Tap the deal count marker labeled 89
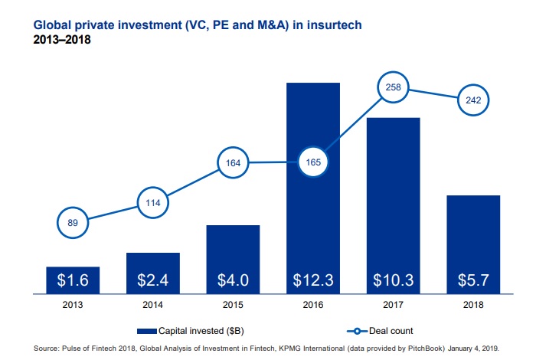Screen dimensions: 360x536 (x=73, y=224)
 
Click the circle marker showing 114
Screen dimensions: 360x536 (x=153, y=203)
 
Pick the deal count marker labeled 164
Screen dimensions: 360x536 (x=233, y=162)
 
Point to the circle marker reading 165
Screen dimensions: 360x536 (x=313, y=162)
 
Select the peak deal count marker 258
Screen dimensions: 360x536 (x=394, y=88)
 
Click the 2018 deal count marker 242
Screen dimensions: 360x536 (x=473, y=100)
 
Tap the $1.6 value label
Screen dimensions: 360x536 (x=73, y=280)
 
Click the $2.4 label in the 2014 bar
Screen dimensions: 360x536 (x=153, y=280)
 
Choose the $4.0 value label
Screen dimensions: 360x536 (x=233, y=280)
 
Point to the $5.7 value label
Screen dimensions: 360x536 (x=473, y=280)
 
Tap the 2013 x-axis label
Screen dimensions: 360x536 (x=73, y=304)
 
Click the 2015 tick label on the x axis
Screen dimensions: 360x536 (x=233, y=304)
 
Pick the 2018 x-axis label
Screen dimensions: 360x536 (x=473, y=304)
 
